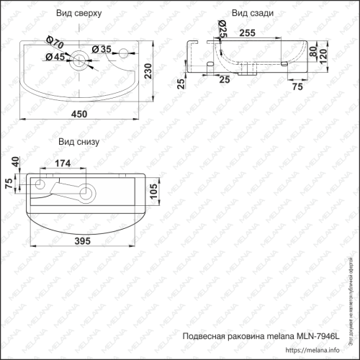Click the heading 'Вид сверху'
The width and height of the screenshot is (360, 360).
point(78,13)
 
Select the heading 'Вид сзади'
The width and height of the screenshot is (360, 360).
point(251,13)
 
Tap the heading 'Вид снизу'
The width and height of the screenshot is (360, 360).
point(78,141)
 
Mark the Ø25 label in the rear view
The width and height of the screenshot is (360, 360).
point(223,31)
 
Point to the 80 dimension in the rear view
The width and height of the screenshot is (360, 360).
point(312,52)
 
